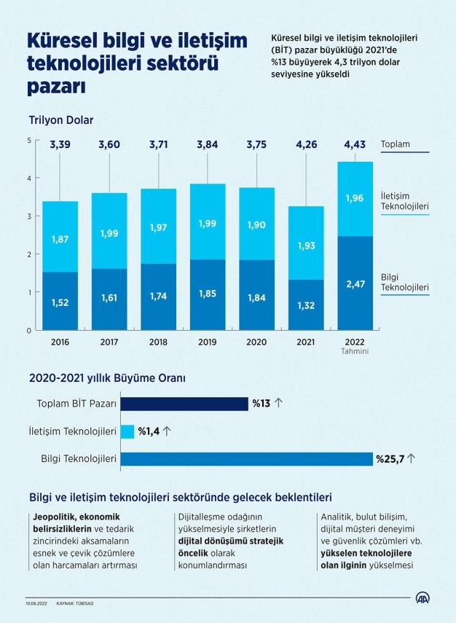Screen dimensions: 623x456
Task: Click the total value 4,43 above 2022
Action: click(x=355, y=145)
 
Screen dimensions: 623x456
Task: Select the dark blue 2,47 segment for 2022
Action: click(x=355, y=283)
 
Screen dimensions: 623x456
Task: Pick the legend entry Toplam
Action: click(x=396, y=144)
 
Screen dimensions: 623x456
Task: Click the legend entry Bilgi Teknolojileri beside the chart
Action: click(x=404, y=283)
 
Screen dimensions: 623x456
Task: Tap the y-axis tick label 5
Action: click(x=28, y=141)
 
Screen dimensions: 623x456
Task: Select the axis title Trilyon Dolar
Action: click(x=61, y=120)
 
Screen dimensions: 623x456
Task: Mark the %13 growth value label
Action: click(x=262, y=404)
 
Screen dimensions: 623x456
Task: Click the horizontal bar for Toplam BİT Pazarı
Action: click(x=184, y=404)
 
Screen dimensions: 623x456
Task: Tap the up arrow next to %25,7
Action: click(x=411, y=459)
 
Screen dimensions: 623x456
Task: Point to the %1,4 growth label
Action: click(x=149, y=431)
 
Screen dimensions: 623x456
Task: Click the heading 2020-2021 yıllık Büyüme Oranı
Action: click(x=107, y=378)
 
